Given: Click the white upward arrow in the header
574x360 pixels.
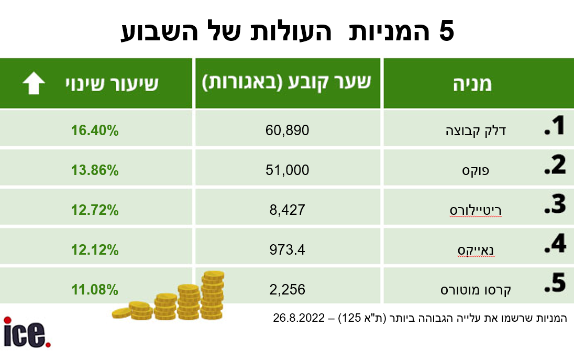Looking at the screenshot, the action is pos(34,83).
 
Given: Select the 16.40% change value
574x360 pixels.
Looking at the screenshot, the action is pos(95,130).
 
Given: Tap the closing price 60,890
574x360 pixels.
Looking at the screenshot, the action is pos(288,130).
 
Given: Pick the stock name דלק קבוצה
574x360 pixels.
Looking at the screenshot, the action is pos(476,131).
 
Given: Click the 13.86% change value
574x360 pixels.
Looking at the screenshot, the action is pos(95,170).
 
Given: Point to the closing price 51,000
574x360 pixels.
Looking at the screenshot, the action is pos(288,170).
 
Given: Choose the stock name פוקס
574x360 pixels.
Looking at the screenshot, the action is pos(476,171).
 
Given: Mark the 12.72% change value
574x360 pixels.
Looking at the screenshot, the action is pos(95,210).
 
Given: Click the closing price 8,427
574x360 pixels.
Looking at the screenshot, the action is pos(288,210).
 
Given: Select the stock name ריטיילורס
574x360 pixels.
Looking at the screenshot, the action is pos(476,211).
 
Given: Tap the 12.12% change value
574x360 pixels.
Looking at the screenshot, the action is pos(95,250).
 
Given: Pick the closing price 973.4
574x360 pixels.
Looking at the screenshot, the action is pos(288,250).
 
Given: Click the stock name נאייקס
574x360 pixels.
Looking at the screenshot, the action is pos(476,250).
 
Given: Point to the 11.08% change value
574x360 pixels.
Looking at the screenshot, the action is pos(95,290).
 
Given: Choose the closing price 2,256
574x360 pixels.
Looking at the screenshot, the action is pos(288,290).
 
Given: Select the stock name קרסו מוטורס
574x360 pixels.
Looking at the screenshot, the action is pos(476,290).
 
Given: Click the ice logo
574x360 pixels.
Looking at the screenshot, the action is pos(27,332).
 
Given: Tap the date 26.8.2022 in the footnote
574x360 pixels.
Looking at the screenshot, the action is pos(299,318).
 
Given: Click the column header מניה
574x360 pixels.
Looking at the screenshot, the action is pos(472,84).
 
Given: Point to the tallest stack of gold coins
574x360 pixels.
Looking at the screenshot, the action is pos(213,295).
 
